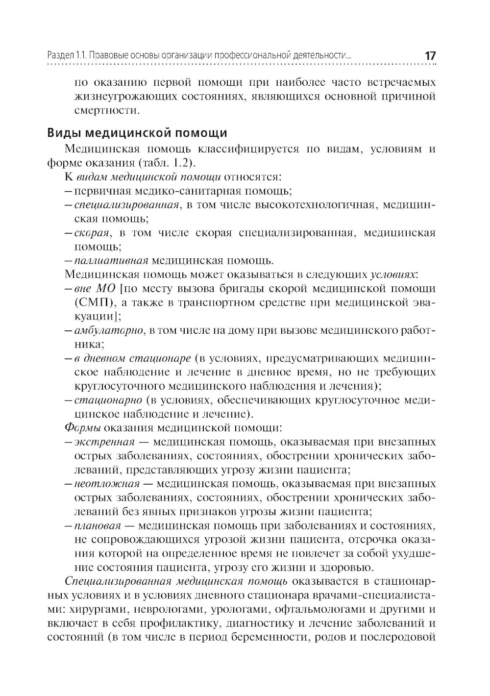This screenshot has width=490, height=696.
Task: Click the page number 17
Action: [430, 56]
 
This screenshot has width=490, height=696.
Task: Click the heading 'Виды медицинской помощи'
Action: [137, 133]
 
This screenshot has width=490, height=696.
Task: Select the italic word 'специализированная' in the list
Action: [126, 204]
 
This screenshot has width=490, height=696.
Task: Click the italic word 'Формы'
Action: [79, 427]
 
